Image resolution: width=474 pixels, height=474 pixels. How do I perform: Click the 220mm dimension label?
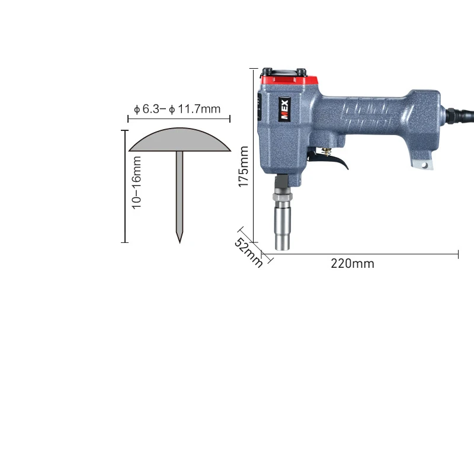(353, 264)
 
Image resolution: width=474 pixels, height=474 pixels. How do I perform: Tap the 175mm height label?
(244, 166)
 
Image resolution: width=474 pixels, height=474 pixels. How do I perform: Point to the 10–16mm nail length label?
(136, 182)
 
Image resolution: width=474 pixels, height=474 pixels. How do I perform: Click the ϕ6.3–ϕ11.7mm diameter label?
(177, 109)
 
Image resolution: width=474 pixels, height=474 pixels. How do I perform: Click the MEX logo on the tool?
(284, 109)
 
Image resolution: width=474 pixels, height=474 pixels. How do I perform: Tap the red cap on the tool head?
(289, 80)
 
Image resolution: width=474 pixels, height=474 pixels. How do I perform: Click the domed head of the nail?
(180, 140)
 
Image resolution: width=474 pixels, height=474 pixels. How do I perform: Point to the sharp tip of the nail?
(180, 243)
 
